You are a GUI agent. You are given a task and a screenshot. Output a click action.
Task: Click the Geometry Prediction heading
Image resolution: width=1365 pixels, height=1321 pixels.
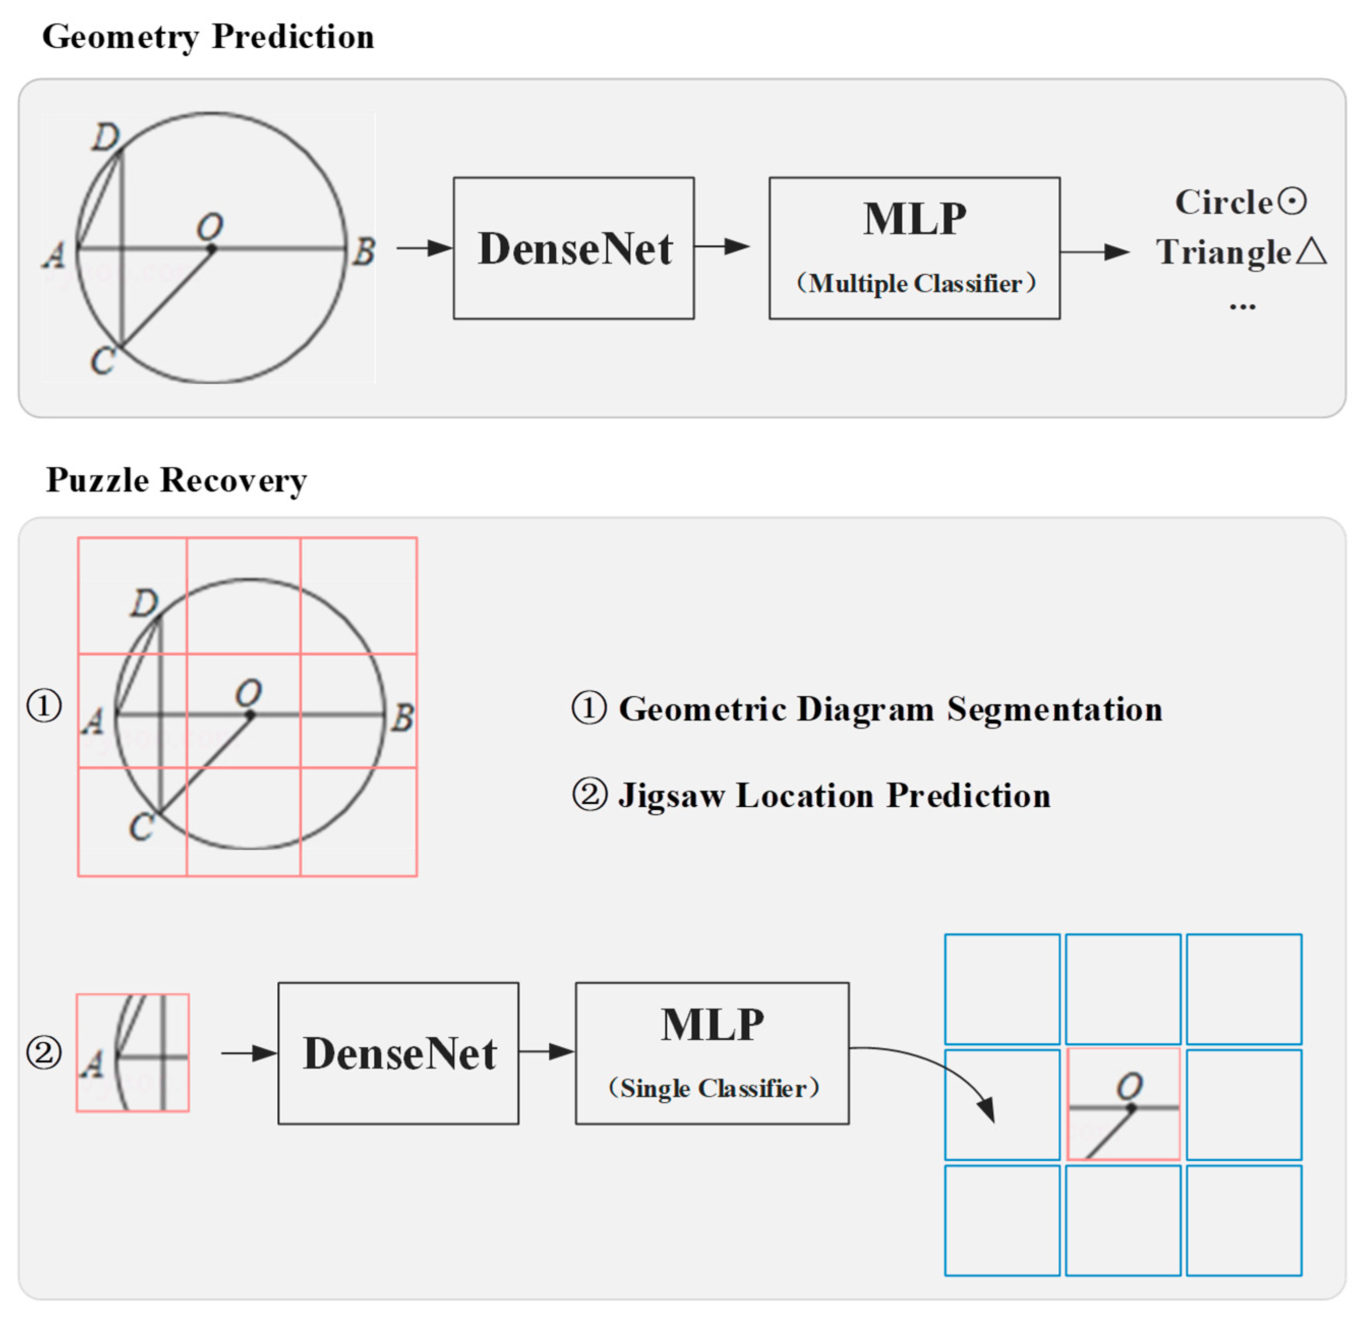[x=207, y=36]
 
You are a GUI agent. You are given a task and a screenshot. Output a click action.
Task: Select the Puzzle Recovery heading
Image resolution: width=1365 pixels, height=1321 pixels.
[x=176, y=480]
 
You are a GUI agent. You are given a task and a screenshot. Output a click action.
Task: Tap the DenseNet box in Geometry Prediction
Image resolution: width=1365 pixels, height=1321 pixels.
[x=573, y=248]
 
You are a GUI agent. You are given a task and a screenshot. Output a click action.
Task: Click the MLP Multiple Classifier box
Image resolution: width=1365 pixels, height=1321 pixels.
[x=914, y=248]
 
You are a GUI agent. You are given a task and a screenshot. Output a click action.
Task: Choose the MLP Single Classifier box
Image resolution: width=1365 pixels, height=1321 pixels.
[x=712, y=1053]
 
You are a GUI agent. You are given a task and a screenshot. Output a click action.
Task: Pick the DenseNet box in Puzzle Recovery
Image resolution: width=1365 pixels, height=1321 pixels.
[x=398, y=1053]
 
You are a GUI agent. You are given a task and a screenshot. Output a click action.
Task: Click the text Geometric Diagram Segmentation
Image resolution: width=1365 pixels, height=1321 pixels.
[x=890, y=709]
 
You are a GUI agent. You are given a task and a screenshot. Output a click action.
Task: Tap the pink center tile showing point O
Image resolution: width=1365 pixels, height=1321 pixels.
[x=1122, y=1104]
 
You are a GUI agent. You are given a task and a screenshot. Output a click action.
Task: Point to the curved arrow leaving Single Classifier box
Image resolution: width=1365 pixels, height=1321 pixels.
[x=933, y=1063]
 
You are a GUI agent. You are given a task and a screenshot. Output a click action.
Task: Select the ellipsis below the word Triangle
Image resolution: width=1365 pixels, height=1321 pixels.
[x=1242, y=307]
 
